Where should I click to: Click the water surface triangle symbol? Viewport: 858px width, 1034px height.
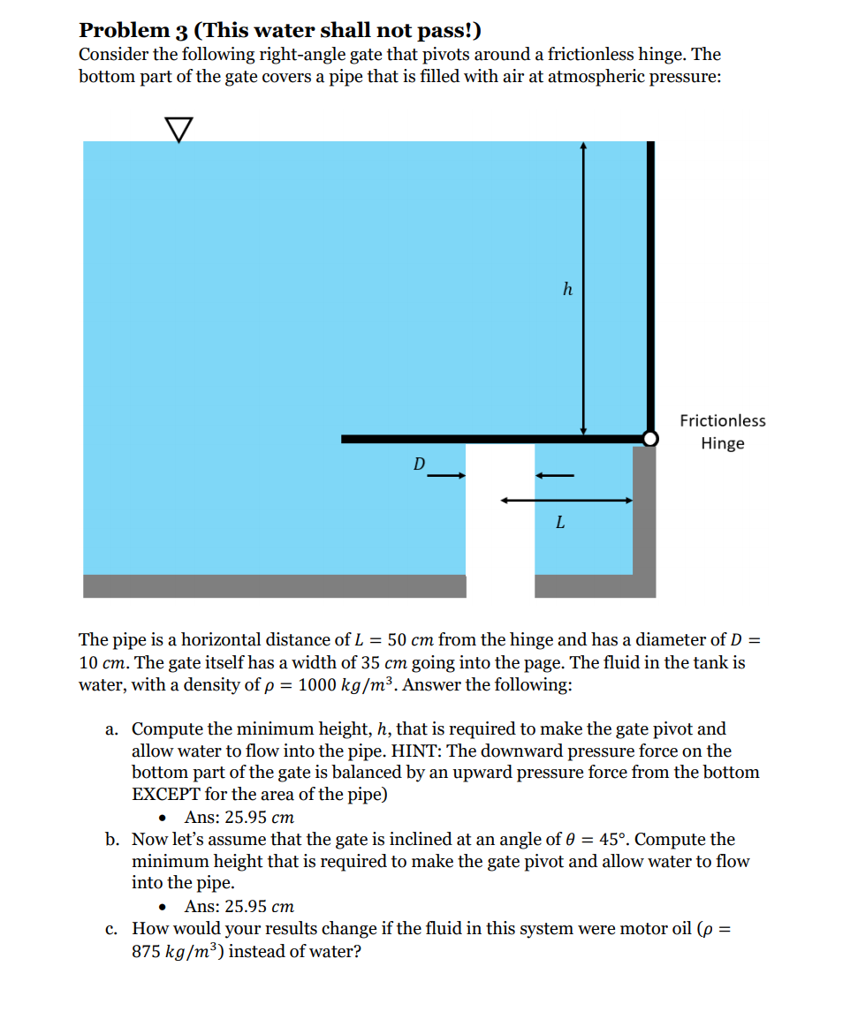point(178,130)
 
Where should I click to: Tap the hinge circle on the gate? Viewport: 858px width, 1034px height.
point(650,438)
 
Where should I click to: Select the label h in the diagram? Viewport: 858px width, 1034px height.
point(567,289)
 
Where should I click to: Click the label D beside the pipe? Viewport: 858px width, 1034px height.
point(420,463)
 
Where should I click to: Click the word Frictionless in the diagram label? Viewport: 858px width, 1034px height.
point(722,420)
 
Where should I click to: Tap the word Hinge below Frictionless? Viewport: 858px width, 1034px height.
point(722,443)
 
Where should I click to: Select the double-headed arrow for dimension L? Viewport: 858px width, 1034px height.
point(566,501)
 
